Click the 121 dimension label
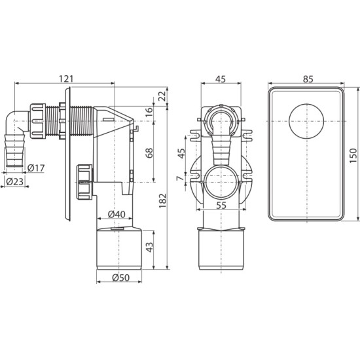(x=66, y=79)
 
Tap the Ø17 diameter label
(x=35, y=168)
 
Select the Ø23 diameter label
(x=14, y=181)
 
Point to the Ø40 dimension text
(x=117, y=214)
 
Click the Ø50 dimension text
(x=121, y=278)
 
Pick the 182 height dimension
(x=162, y=201)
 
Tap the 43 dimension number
(x=149, y=247)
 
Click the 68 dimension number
(x=149, y=153)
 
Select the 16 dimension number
(x=149, y=112)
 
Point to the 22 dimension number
(x=162, y=96)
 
